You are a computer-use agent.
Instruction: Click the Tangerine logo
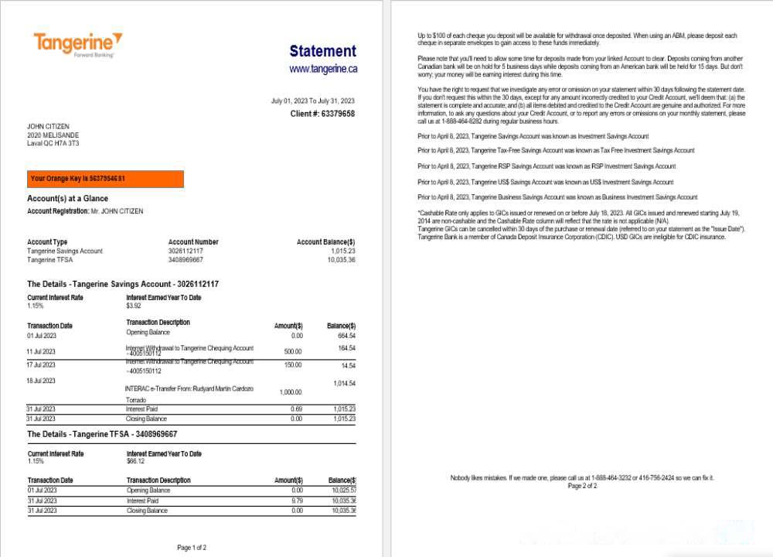point(77,44)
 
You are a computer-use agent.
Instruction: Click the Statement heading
point(322,51)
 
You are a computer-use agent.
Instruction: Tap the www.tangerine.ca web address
point(323,69)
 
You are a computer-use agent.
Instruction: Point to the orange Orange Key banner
point(105,179)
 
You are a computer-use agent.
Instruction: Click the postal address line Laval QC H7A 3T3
point(53,143)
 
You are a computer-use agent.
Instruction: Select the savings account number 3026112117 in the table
point(186,251)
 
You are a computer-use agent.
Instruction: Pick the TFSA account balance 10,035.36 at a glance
point(340,260)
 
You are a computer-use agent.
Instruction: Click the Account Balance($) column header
point(325,242)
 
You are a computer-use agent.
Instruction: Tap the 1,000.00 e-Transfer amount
point(290,392)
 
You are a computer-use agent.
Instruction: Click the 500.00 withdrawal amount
point(293,351)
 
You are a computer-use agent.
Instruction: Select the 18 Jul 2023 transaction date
point(41,381)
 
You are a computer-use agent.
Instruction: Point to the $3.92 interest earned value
point(134,306)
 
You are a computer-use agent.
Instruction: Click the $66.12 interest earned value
point(135,461)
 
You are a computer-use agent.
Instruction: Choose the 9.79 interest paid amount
point(297,501)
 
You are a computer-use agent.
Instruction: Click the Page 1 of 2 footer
point(192,548)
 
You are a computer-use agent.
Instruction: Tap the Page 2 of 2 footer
point(582,486)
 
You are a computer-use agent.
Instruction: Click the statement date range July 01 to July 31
point(312,101)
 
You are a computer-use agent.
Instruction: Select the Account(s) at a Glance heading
point(68,199)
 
